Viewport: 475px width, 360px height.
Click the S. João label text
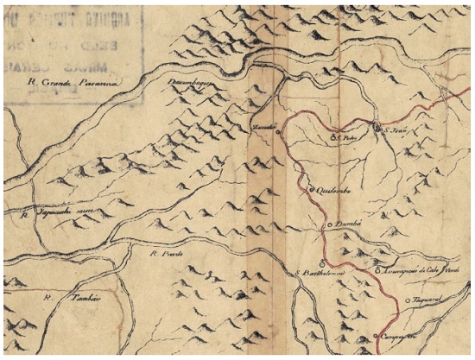tap(393, 129)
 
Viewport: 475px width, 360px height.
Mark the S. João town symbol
tap(376, 129)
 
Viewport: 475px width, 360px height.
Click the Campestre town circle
tap(377, 337)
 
